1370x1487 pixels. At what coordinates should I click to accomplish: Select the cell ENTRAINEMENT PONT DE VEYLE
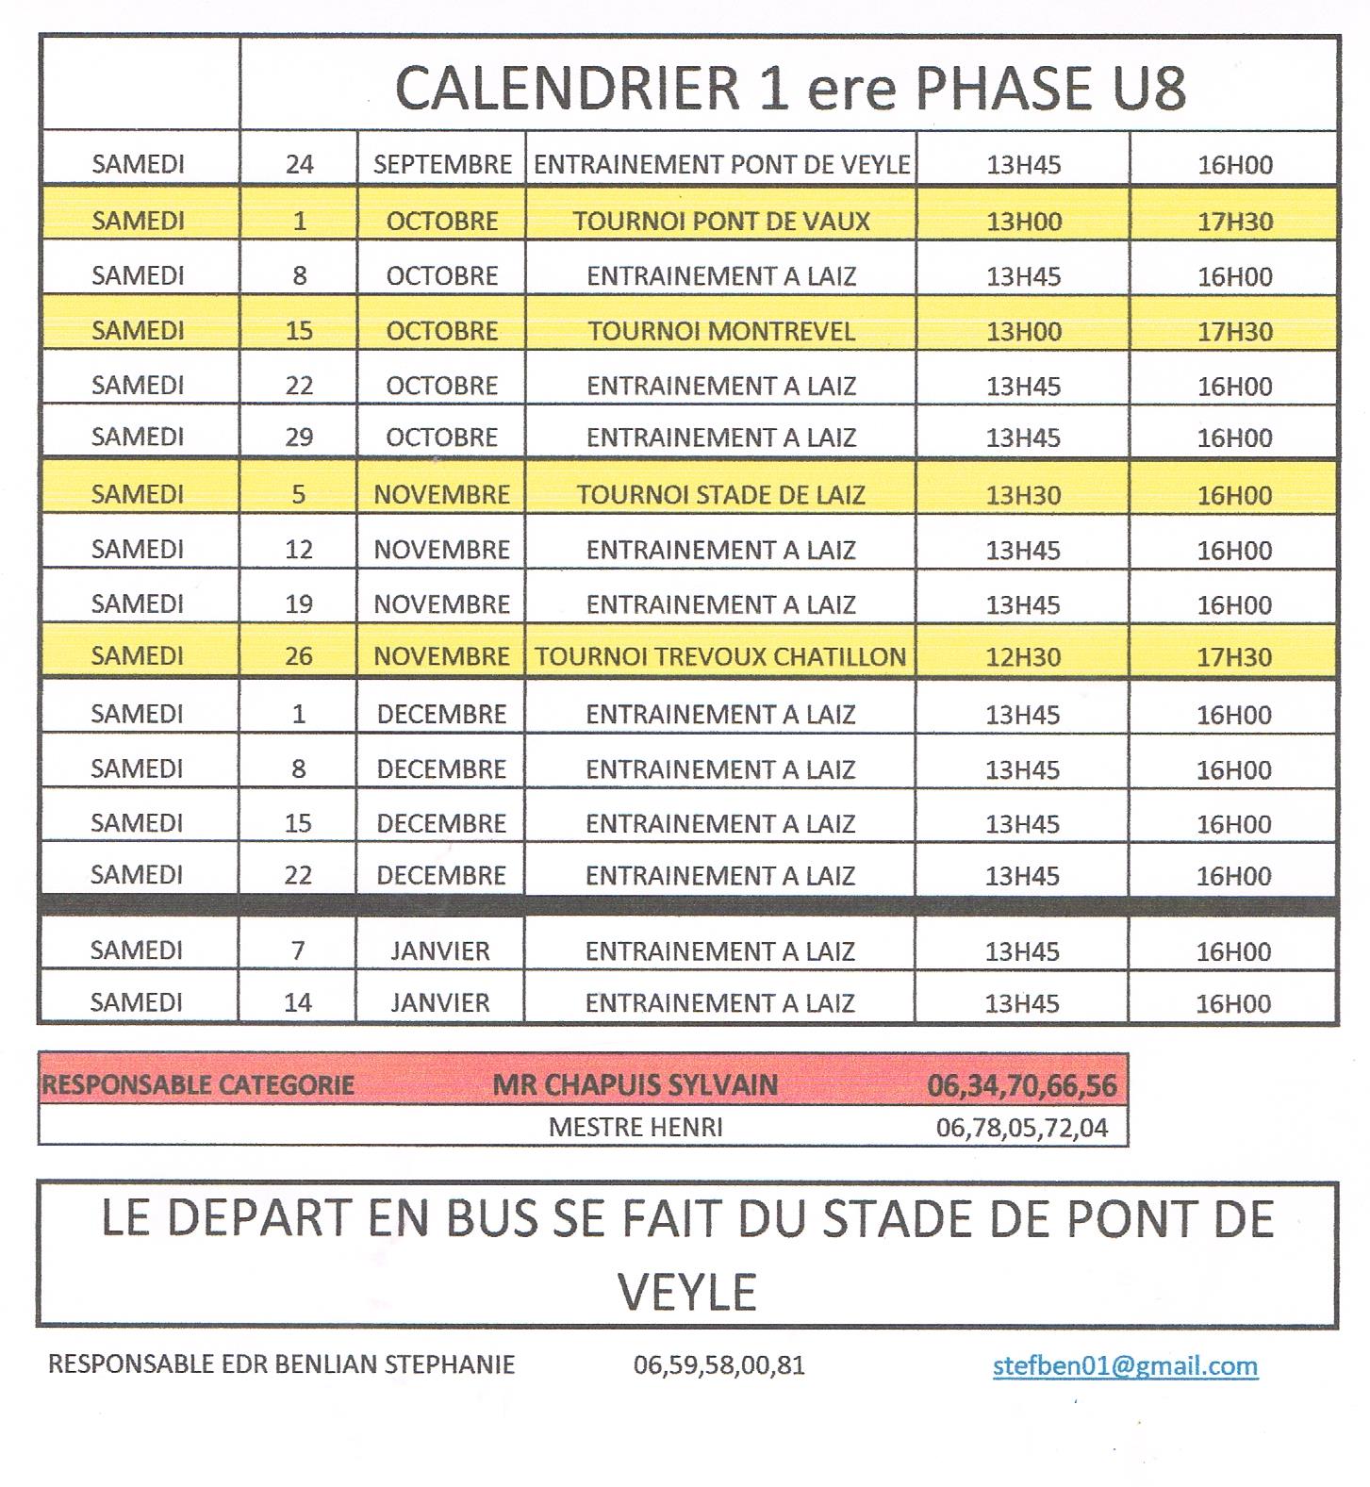click(721, 165)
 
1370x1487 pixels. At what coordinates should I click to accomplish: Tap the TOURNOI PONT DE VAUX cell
click(721, 221)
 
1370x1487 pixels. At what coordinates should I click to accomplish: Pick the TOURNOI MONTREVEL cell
click(721, 331)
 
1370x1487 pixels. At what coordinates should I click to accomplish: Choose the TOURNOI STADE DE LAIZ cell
click(721, 494)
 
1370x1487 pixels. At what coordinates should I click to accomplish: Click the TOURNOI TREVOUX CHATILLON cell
click(721, 656)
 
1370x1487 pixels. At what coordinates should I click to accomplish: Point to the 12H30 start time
click(1023, 657)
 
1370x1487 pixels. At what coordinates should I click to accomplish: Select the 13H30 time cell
click(1023, 495)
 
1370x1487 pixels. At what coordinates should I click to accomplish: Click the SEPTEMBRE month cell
click(442, 165)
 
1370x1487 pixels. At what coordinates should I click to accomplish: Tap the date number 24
click(299, 165)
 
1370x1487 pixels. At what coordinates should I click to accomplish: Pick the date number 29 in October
click(299, 438)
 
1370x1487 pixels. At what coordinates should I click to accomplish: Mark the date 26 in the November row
click(299, 656)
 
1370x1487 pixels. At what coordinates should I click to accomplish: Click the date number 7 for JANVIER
click(298, 950)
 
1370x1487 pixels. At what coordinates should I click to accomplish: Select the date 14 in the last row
click(298, 1002)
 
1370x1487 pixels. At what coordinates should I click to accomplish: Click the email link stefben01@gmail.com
click(1125, 1365)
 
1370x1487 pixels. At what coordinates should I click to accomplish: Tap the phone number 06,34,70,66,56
click(1022, 1085)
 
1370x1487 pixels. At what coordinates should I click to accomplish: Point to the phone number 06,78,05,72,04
click(1022, 1127)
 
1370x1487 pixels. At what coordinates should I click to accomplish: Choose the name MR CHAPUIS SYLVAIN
click(635, 1085)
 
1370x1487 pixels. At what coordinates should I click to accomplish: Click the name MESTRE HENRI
click(635, 1127)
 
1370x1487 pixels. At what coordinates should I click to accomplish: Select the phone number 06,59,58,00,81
click(719, 1365)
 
